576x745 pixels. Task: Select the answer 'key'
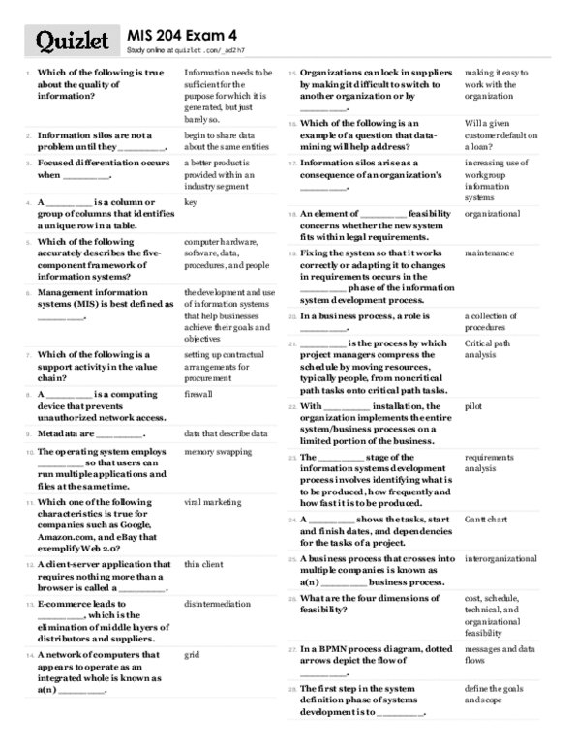(x=191, y=202)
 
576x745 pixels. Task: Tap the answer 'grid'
(x=192, y=655)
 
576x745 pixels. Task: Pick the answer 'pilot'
(x=472, y=406)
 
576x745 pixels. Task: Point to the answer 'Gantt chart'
(x=487, y=520)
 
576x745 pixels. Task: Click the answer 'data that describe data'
(x=226, y=434)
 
